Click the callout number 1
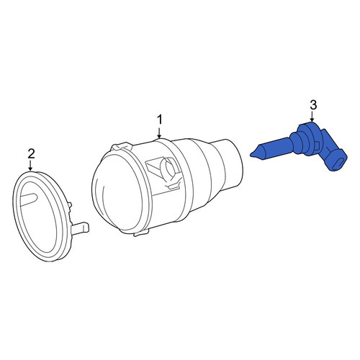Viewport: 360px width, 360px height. pos(160,120)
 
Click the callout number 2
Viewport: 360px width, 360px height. pos(31,154)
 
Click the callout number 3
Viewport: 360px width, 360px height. pos(313,105)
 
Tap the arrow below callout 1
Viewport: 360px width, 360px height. pos(159,132)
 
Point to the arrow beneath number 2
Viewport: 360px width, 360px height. pos(30,166)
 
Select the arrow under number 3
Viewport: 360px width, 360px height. pos(312,116)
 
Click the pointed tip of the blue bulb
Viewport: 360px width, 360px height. pos(251,155)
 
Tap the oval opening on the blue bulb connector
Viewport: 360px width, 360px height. pos(338,163)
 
